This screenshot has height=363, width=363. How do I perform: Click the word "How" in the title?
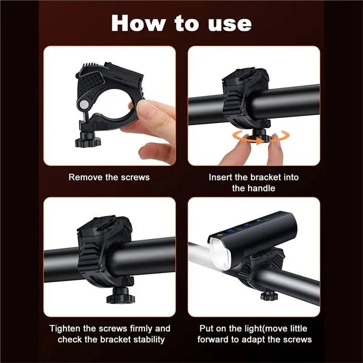coord(138,23)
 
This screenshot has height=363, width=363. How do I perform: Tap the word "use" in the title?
coord(230,24)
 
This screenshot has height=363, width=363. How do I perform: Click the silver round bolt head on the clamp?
coord(84,105)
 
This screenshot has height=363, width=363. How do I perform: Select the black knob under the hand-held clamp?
coord(88,139)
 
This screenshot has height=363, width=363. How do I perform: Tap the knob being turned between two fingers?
coord(259,137)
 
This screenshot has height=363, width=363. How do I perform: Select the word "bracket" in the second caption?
coord(266,177)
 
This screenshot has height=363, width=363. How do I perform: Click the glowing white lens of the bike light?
coord(220,254)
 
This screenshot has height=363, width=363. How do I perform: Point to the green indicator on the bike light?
coord(259,220)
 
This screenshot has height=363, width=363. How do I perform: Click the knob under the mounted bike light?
coord(270,296)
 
